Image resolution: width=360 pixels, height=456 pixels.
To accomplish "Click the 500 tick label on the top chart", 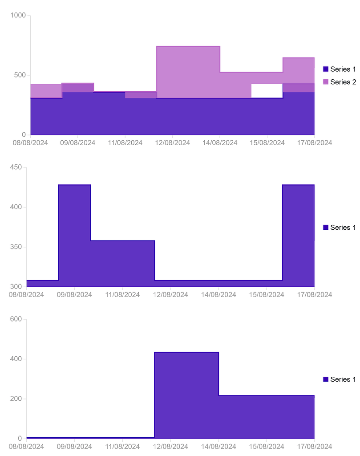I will tap(20, 75).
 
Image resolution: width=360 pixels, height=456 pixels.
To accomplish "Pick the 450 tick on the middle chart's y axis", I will tap(16, 167).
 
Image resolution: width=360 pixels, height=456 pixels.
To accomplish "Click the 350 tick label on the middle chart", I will tap(16, 247).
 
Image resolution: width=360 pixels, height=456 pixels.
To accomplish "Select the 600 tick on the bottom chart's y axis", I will tap(16, 319).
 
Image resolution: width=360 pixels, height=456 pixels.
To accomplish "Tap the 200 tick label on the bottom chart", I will tap(16, 399).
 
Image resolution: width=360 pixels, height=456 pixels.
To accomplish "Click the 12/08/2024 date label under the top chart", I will tap(173, 143).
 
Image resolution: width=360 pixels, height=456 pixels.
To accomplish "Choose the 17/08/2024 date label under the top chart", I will tap(315, 143).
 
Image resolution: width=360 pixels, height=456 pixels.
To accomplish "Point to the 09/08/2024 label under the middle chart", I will tap(76, 295).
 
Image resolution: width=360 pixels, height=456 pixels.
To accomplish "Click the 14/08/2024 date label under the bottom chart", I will tap(218, 446).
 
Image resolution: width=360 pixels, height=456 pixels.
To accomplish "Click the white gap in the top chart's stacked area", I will tap(267, 90).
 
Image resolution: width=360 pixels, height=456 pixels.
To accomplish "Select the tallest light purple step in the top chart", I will tap(188, 71).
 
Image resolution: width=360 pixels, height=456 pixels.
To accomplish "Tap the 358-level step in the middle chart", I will tap(122, 263).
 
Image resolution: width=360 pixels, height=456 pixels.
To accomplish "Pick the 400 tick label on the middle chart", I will tap(16, 208).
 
